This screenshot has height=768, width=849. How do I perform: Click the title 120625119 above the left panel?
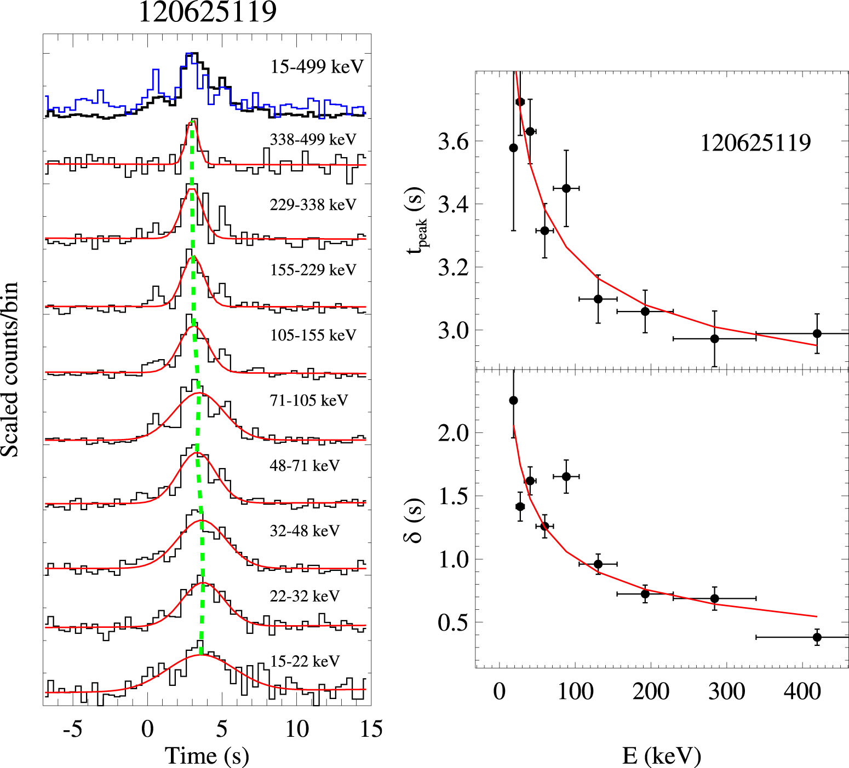(x=207, y=12)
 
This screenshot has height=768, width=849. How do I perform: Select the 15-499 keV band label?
(x=317, y=67)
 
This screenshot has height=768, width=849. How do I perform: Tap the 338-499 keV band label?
(x=313, y=140)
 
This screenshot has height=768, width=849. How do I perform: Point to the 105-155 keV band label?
(x=313, y=335)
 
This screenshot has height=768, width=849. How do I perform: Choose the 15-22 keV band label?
(x=305, y=661)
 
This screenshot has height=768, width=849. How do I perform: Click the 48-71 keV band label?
(x=305, y=466)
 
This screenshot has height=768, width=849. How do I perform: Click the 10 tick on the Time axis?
(x=297, y=729)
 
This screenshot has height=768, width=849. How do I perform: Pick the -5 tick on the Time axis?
(x=72, y=729)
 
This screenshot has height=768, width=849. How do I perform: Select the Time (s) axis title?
(x=207, y=756)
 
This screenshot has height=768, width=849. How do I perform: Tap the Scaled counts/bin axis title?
(x=10, y=369)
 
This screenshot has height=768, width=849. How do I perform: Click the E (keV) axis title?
(x=661, y=756)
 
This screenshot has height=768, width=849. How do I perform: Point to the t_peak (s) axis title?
(x=416, y=219)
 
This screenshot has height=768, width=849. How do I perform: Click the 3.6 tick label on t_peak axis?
(x=453, y=142)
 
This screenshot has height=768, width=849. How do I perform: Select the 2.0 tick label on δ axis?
(x=453, y=433)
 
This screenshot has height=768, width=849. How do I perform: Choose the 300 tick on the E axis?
(x=726, y=691)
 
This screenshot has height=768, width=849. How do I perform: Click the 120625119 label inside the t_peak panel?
(x=755, y=143)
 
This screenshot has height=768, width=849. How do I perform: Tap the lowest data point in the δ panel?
(x=817, y=637)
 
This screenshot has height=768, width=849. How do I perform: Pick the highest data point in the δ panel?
(x=513, y=400)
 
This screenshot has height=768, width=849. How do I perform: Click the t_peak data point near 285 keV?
(x=714, y=339)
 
